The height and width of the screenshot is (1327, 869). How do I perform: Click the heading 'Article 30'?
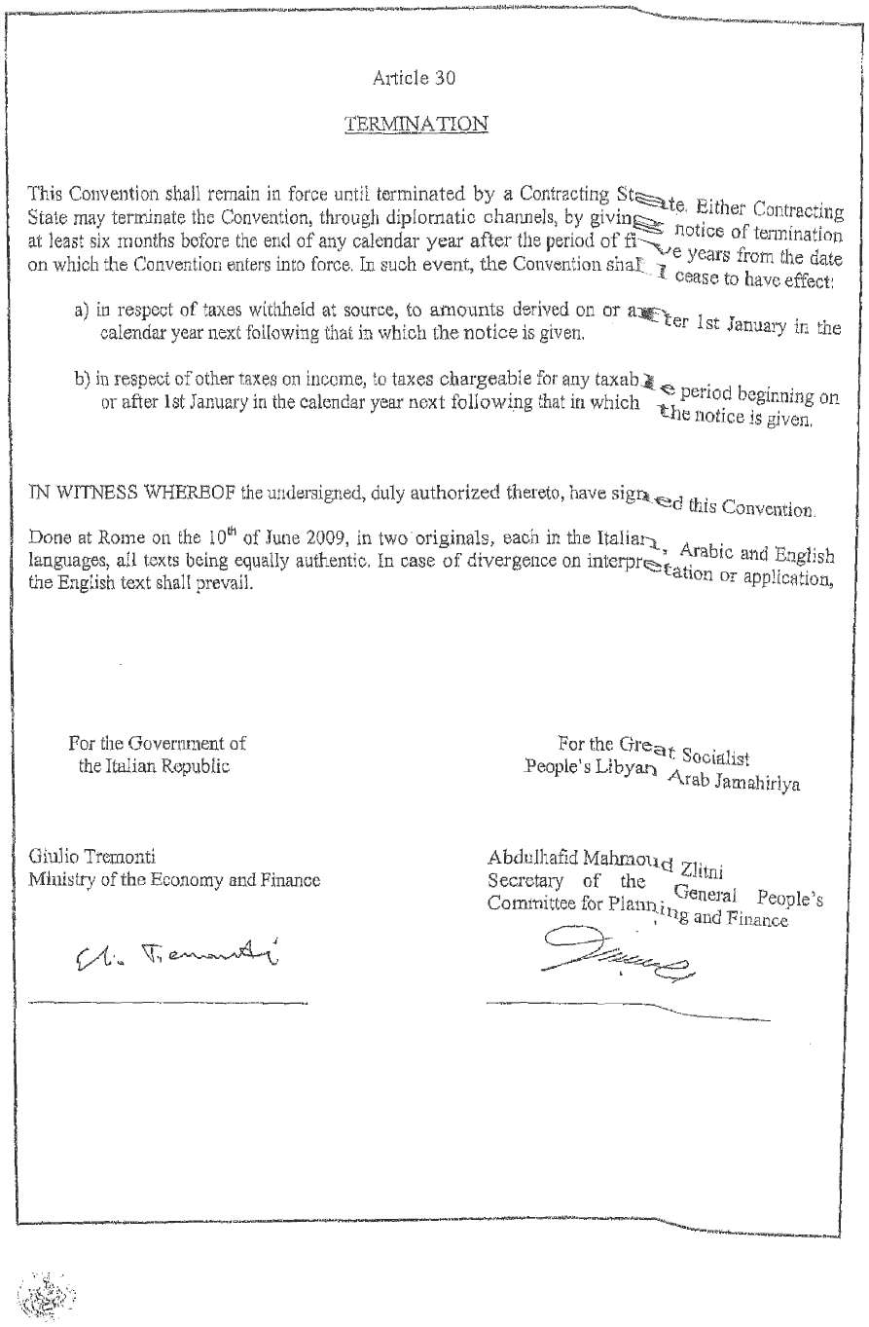coord(414,78)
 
